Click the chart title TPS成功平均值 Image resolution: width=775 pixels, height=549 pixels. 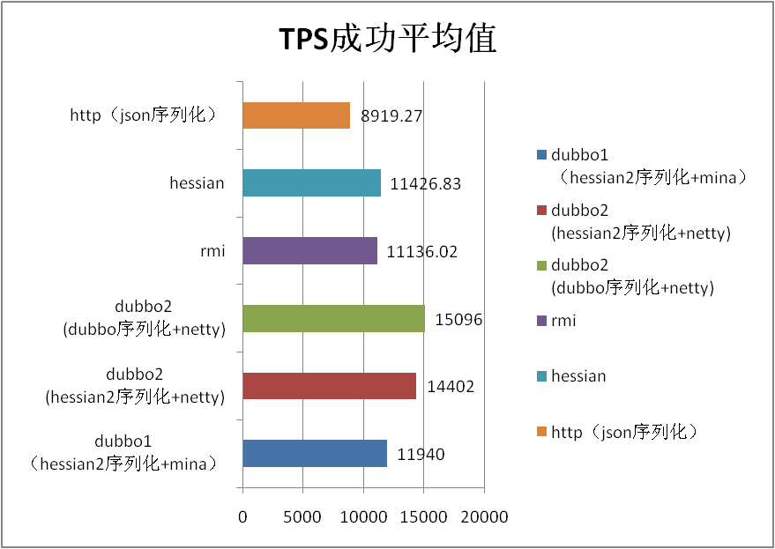point(388,40)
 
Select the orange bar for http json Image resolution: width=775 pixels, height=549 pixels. point(296,115)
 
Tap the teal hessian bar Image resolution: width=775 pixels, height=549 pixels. point(311,183)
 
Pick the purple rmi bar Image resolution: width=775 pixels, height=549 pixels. point(309,251)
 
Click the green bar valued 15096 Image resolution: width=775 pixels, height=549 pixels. point(333,319)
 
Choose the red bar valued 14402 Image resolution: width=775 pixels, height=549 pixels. point(329,386)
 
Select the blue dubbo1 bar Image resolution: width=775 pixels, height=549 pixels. point(315,454)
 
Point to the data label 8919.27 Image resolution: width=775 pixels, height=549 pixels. point(392,116)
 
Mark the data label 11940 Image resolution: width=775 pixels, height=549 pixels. point(421,455)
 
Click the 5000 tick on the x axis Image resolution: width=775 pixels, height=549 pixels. point(302,517)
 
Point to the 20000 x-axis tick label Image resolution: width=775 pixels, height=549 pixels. point(485,517)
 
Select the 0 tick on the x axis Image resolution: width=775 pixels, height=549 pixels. point(242,517)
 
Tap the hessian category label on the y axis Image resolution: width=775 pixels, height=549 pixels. point(197,183)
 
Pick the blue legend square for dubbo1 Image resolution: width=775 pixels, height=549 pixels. point(540,157)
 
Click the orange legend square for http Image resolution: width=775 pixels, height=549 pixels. point(540,432)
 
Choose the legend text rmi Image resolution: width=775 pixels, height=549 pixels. point(563,321)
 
